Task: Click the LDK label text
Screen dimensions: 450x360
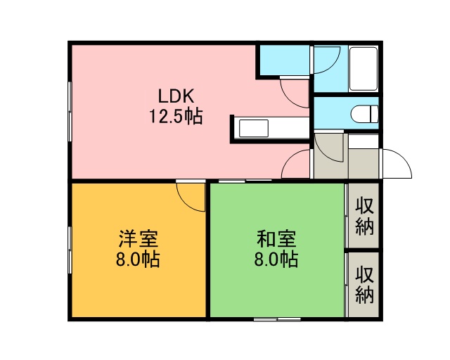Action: click(176, 96)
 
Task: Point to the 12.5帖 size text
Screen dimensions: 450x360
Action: click(176, 116)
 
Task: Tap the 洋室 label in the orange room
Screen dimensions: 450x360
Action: click(138, 239)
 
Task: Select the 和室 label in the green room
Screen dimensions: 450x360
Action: click(276, 239)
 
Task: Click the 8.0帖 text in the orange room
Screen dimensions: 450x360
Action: click(138, 259)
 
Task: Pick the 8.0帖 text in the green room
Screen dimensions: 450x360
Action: click(276, 259)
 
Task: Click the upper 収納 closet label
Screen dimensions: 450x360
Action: click(364, 216)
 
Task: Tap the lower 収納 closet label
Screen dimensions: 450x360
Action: click(364, 285)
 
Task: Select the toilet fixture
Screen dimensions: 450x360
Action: click(364, 114)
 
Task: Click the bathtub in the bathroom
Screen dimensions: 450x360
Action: click(364, 69)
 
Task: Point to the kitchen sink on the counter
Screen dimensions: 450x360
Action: click(254, 129)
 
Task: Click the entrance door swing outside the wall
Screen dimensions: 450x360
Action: click(397, 164)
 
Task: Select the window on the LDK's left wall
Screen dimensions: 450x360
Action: click(70, 111)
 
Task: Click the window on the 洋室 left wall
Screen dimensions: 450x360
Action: click(70, 250)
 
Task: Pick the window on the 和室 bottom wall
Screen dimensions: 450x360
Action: click(277, 319)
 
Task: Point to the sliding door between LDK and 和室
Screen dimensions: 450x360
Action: click(245, 181)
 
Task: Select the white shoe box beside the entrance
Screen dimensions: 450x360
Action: click(364, 141)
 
